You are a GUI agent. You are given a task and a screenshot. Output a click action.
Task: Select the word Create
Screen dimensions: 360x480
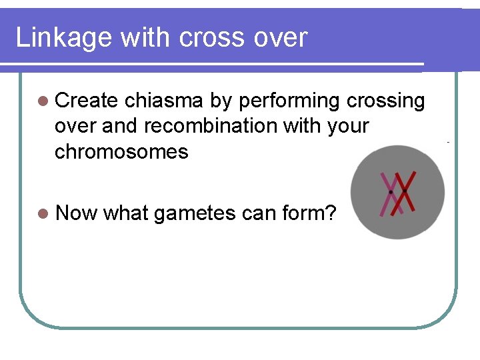[87, 101]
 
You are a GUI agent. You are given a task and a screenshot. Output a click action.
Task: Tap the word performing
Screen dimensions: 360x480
[289, 101]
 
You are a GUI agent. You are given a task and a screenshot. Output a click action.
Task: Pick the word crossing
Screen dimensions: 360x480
[385, 101]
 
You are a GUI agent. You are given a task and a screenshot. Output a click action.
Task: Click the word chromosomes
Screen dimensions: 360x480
[121, 151]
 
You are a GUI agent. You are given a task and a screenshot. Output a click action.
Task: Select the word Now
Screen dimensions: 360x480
[77, 213]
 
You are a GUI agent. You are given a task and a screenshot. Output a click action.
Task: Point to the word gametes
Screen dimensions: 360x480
[194, 213]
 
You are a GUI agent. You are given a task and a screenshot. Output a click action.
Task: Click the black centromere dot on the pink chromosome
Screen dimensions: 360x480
[391, 192]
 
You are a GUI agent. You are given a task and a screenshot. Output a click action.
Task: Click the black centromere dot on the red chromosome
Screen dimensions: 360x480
[405, 190]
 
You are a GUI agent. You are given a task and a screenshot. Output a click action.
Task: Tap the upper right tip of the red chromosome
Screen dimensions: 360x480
[415, 172]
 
